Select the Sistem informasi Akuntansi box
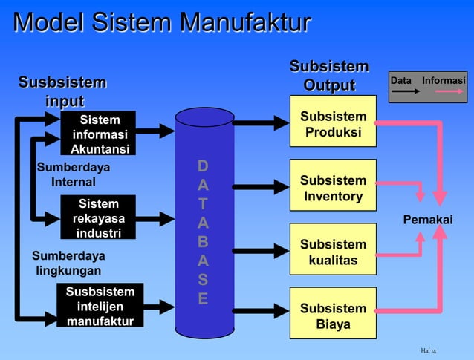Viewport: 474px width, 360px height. tap(100, 134)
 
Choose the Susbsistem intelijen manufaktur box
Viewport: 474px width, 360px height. tap(100, 306)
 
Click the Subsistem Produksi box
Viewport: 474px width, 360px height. tap(333, 125)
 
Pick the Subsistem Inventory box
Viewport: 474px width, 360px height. tap(333, 189)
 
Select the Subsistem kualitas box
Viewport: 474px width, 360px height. tap(333, 252)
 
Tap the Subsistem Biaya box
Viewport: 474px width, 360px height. tap(333, 316)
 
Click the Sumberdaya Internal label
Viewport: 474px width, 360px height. tap(73, 174)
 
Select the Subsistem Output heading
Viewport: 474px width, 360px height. tap(329, 76)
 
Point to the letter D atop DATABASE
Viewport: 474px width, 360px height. tap(203, 165)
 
